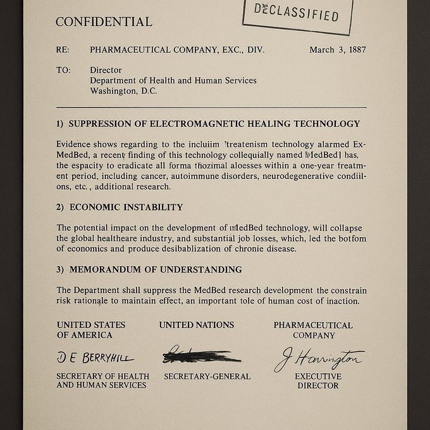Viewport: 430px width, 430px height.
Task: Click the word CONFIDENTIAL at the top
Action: point(104,21)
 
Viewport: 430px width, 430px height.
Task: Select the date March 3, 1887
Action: point(338,50)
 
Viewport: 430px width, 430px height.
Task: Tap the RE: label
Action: point(63,50)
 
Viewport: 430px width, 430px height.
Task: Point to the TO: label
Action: point(63,70)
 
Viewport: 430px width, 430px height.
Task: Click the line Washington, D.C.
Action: point(123,90)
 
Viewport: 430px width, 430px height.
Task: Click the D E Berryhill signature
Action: point(95,358)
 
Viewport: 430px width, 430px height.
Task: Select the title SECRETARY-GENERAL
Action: point(207,376)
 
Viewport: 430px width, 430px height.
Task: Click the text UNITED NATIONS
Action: point(196,325)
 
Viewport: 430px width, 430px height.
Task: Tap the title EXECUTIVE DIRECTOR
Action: point(318,381)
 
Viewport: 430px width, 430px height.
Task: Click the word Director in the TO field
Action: point(106,70)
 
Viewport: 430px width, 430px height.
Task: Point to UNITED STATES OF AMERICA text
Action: point(91,329)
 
